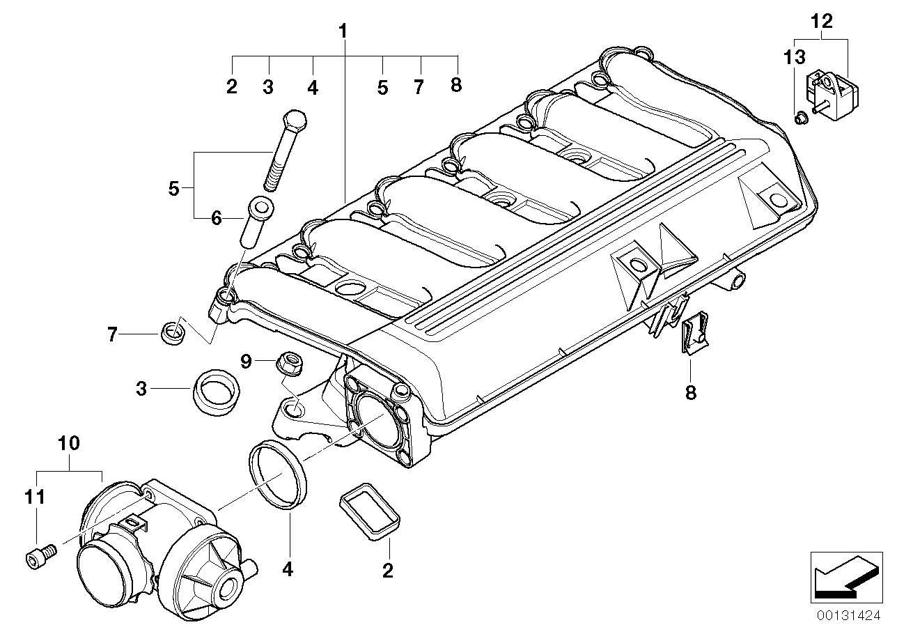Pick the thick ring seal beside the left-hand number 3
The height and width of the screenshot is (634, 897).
[214, 392]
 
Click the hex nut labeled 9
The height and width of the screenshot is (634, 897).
[288, 362]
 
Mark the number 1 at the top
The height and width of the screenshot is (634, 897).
[343, 31]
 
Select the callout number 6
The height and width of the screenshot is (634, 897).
[216, 218]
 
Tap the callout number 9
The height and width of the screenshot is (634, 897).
[245, 361]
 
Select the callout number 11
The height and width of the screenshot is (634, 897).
[35, 497]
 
